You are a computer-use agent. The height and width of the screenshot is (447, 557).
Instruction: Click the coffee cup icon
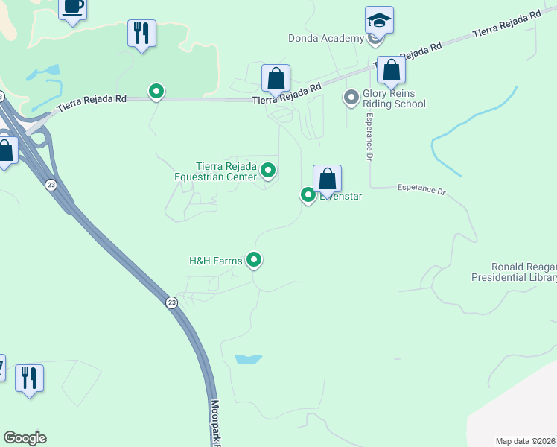[72, 7]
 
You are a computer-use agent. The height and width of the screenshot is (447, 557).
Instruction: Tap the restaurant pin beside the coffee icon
[141, 33]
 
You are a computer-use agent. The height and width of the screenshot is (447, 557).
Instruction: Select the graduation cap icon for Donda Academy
[379, 21]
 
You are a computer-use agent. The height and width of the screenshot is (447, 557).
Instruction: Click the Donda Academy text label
[326, 38]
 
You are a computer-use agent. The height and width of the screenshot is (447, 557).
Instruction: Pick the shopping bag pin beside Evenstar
[327, 179]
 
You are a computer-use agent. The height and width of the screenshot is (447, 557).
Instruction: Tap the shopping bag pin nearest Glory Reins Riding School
[391, 70]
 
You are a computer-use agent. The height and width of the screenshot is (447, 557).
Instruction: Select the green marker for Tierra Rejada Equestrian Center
[268, 171]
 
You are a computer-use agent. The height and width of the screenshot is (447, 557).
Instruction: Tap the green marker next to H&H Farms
[255, 260]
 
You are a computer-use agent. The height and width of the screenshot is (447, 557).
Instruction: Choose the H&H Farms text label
[216, 261]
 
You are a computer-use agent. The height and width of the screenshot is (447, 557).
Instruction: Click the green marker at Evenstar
[308, 195]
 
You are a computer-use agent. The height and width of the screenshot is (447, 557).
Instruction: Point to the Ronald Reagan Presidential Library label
[514, 272]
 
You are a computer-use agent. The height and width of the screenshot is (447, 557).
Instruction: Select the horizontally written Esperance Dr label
[421, 190]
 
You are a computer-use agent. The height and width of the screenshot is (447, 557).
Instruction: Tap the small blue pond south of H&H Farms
[248, 359]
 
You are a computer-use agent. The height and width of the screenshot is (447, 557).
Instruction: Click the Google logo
[25, 438]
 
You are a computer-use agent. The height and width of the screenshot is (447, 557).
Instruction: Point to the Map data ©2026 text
[526, 441]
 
